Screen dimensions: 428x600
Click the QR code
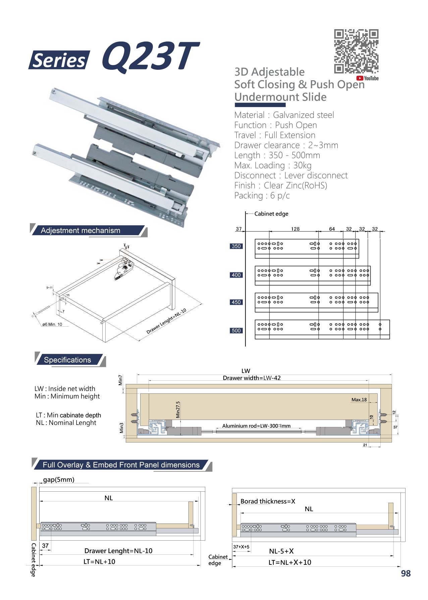tap(356, 51)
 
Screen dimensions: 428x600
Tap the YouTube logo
tap(367, 78)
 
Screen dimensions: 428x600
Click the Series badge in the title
tap(59, 60)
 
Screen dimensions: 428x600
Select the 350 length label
tap(236, 246)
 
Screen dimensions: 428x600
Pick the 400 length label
tap(236, 275)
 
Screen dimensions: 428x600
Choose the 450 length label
tap(236, 302)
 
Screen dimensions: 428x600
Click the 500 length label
tap(236, 331)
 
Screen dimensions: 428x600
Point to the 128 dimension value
tap(295, 229)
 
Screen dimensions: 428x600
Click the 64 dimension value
tap(332, 229)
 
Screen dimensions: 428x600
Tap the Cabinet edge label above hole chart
tap(271, 214)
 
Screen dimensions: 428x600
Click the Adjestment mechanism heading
tap(81, 230)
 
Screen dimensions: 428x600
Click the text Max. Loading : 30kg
tap(273, 165)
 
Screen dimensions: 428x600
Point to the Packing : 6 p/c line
tap(262, 196)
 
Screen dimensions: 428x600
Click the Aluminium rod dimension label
tap(256, 426)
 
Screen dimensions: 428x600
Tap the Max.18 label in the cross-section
tap(359, 400)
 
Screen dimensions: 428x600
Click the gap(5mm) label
tap(59, 480)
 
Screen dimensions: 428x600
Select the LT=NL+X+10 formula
tap(290, 562)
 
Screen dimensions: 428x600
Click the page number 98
tap(406, 574)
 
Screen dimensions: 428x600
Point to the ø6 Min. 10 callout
tap(52, 324)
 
